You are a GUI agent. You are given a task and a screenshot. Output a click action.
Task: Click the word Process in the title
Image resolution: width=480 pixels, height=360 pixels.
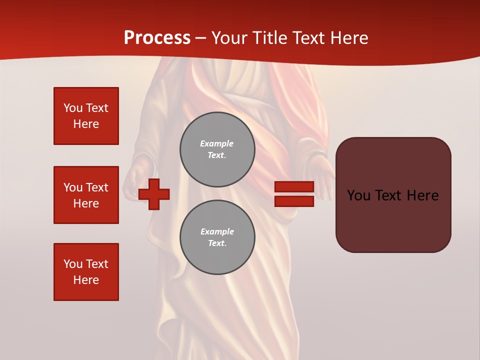(x=157, y=38)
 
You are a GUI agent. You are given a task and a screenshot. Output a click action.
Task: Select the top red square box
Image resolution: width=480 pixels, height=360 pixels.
(x=86, y=116)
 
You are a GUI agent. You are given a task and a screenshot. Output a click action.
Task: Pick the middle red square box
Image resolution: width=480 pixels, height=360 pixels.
(x=86, y=195)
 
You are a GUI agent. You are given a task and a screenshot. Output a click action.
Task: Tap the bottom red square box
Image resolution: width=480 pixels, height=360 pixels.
(x=86, y=272)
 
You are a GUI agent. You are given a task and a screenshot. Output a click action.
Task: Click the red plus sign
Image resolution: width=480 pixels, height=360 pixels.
(x=154, y=194)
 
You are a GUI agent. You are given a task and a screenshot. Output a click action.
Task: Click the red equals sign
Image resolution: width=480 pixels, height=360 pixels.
(x=294, y=194)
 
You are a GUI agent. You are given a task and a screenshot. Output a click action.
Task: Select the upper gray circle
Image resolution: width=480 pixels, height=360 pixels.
(x=217, y=149)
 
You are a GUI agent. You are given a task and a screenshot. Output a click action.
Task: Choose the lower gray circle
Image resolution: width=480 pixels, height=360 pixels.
(x=217, y=237)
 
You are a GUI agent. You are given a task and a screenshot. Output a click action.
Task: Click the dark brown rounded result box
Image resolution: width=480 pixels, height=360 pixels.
(x=393, y=195)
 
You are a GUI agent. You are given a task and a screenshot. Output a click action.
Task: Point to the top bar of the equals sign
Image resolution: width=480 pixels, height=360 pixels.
(x=294, y=186)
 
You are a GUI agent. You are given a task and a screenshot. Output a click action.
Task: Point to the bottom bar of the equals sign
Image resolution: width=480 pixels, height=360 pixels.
(x=294, y=201)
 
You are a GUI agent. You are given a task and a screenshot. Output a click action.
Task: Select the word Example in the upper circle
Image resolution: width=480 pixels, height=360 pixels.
(x=216, y=143)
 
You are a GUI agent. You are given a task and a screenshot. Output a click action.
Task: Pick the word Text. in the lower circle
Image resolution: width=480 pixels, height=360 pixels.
(x=217, y=243)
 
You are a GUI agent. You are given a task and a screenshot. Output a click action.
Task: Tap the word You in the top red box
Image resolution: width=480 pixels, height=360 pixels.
(x=72, y=108)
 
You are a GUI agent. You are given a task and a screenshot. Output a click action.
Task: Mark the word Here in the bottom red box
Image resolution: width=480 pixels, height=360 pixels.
(x=86, y=280)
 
